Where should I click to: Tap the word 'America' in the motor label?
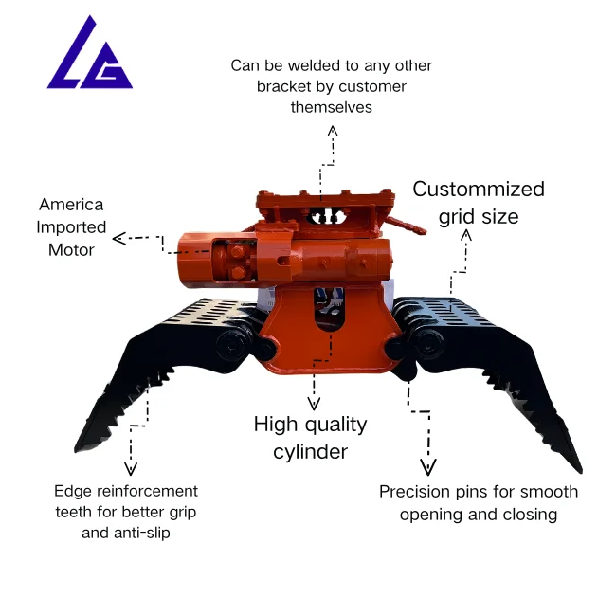71,205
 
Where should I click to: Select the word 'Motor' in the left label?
71,250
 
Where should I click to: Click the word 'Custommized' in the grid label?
479,189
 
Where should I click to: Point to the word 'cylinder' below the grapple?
310,451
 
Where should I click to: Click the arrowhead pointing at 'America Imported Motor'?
119,238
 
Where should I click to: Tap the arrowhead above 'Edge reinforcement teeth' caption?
130,468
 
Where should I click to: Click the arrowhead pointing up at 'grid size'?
465,235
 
